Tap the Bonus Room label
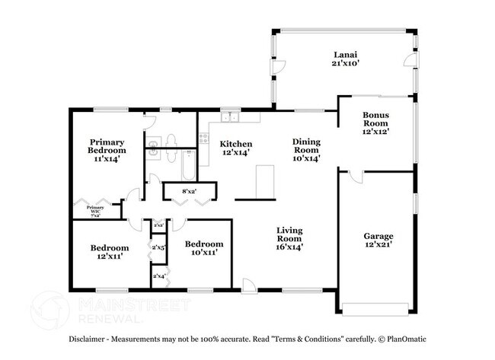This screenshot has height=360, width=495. pyautogui.click(x=375, y=123)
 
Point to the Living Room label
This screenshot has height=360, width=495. pyautogui.click(x=289, y=238)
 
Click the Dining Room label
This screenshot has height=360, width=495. pyautogui.click(x=307, y=149)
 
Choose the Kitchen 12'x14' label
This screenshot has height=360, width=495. pyautogui.click(x=236, y=148)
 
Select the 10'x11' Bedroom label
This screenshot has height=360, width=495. pyautogui.click(x=203, y=247)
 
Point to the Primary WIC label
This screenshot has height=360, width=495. pyautogui.click(x=95, y=211)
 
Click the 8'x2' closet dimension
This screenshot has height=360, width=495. pyautogui.click(x=190, y=190)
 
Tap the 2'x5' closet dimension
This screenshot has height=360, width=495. pyautogui.click(x=159, y=247)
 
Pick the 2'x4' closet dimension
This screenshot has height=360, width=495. pyautogui.click(x=159, y=276)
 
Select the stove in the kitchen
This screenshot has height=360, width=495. pyautogui.click(x=203, y=138)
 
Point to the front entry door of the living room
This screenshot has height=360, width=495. pyautogui.click(x=248, y=285)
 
